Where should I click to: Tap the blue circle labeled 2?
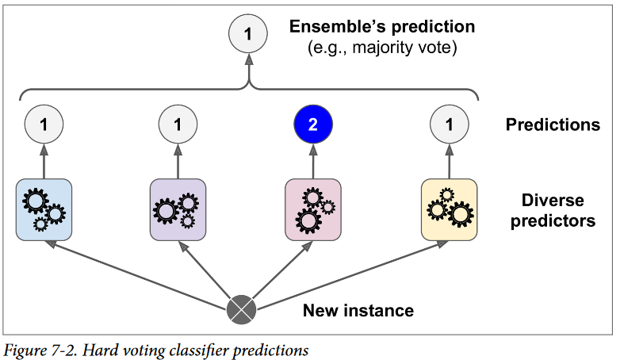tap(313, 124)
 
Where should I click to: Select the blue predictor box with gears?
tap(44, 209)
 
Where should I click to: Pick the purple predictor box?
tap(178, 209)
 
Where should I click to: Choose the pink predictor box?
tap(313, 209)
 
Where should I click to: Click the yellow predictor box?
tap(450, 209)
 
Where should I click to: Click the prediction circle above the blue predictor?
tap(44, 124)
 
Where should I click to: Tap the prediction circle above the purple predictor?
tap(178, 124)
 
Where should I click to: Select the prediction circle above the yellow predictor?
tap(450, 124)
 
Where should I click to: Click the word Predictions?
tap(553, 124)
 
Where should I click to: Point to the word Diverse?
tap(553, 201)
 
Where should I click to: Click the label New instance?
tap(358, 310)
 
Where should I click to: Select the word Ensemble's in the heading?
tap(334, 27)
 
